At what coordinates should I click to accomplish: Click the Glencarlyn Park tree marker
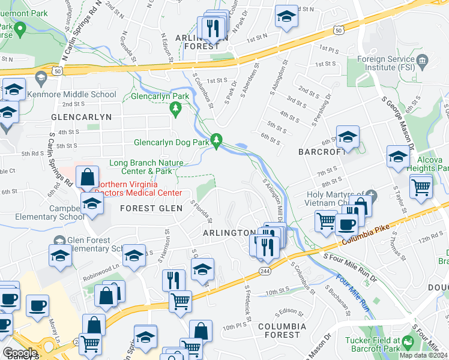[x=175, y=109]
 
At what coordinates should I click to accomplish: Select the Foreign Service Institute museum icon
[x=422, y=59]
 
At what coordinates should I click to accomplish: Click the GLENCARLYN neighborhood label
[x=82, y=117]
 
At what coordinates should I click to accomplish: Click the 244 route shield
[x=264, y=272]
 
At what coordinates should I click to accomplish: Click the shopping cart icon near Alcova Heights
[x=421, y=186]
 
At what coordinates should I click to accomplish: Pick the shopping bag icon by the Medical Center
[x=88, y=176]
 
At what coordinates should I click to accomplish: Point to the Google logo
[x=20, y=353]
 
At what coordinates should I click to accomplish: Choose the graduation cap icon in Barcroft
[x=348, y=137]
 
